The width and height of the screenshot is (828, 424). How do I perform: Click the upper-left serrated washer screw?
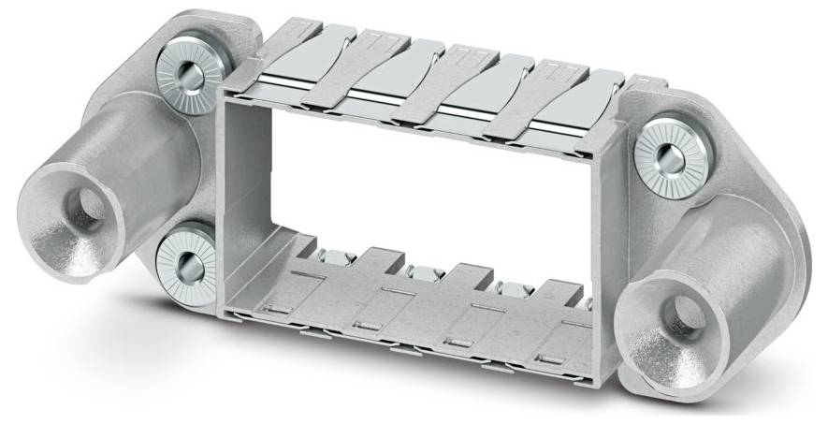(187, 76)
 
